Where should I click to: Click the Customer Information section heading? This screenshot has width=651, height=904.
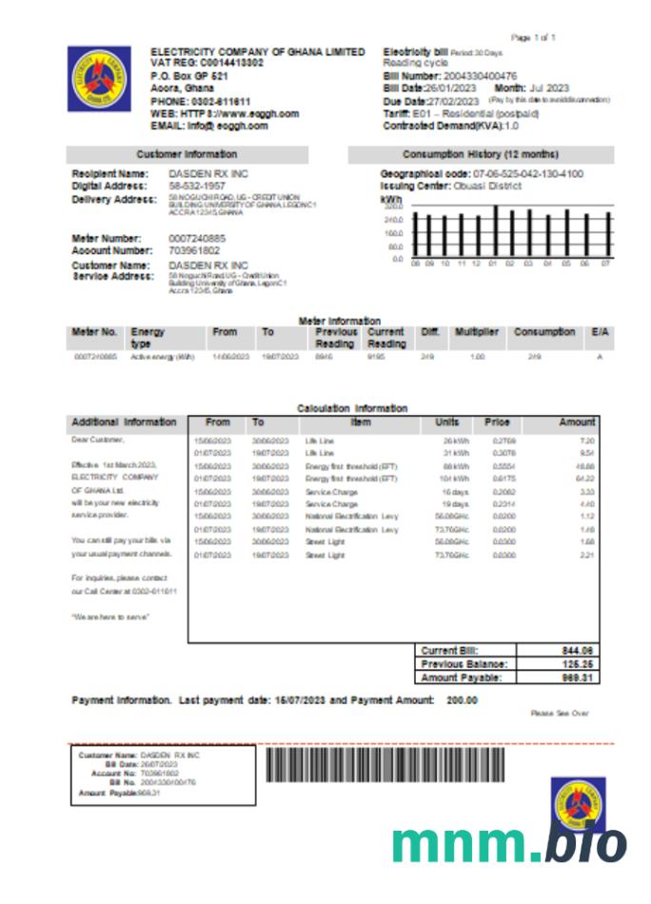tap(187, 154)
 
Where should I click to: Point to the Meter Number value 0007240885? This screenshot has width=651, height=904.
tap(197, 238)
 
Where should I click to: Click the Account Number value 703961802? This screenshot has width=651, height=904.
tap(194, 249)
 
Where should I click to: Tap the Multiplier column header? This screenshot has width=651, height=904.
tap(476, 332)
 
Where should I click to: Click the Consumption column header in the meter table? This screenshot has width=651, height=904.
tap(544, 332)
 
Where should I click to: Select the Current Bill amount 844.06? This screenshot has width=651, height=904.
tap(578, 650)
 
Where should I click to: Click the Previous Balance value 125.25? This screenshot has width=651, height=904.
tap(578, 664)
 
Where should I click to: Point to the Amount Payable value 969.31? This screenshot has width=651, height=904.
tap(578, 678)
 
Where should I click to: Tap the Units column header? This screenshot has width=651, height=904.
tap(447, 422)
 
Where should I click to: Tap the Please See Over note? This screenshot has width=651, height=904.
tap(560, 713)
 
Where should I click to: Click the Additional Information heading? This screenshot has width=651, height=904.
tap(124, 422)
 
